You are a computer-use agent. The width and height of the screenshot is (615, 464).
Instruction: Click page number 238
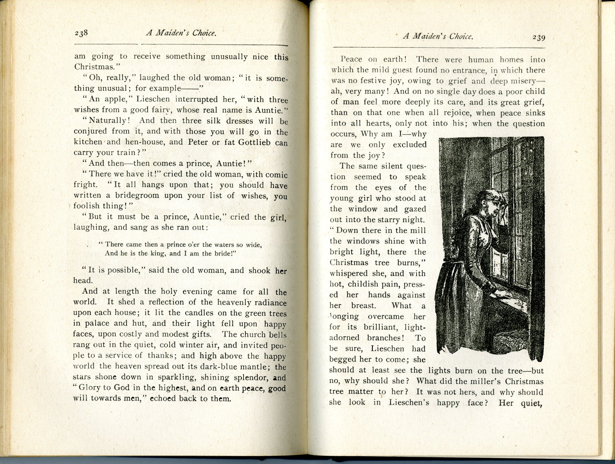point(81,33)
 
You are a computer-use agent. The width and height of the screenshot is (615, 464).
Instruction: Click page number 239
point(539,37)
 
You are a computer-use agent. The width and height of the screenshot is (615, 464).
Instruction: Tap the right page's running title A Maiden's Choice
point(438,36)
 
